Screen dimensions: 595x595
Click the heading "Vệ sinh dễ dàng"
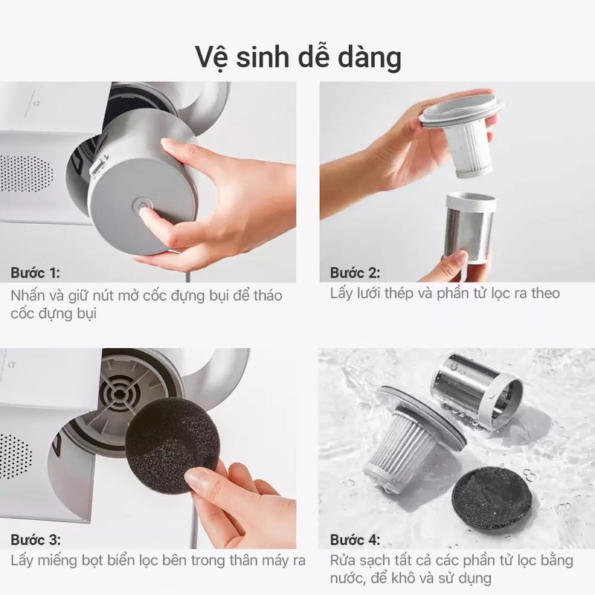coord(297,57)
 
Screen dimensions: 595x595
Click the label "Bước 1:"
coord(36,271)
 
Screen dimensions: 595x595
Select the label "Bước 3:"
coord(36,539)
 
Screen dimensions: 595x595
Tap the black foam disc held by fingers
coord(170,444)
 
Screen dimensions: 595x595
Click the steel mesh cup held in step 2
coord(470,226)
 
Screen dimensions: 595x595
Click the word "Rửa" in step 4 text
coord(344,560)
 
